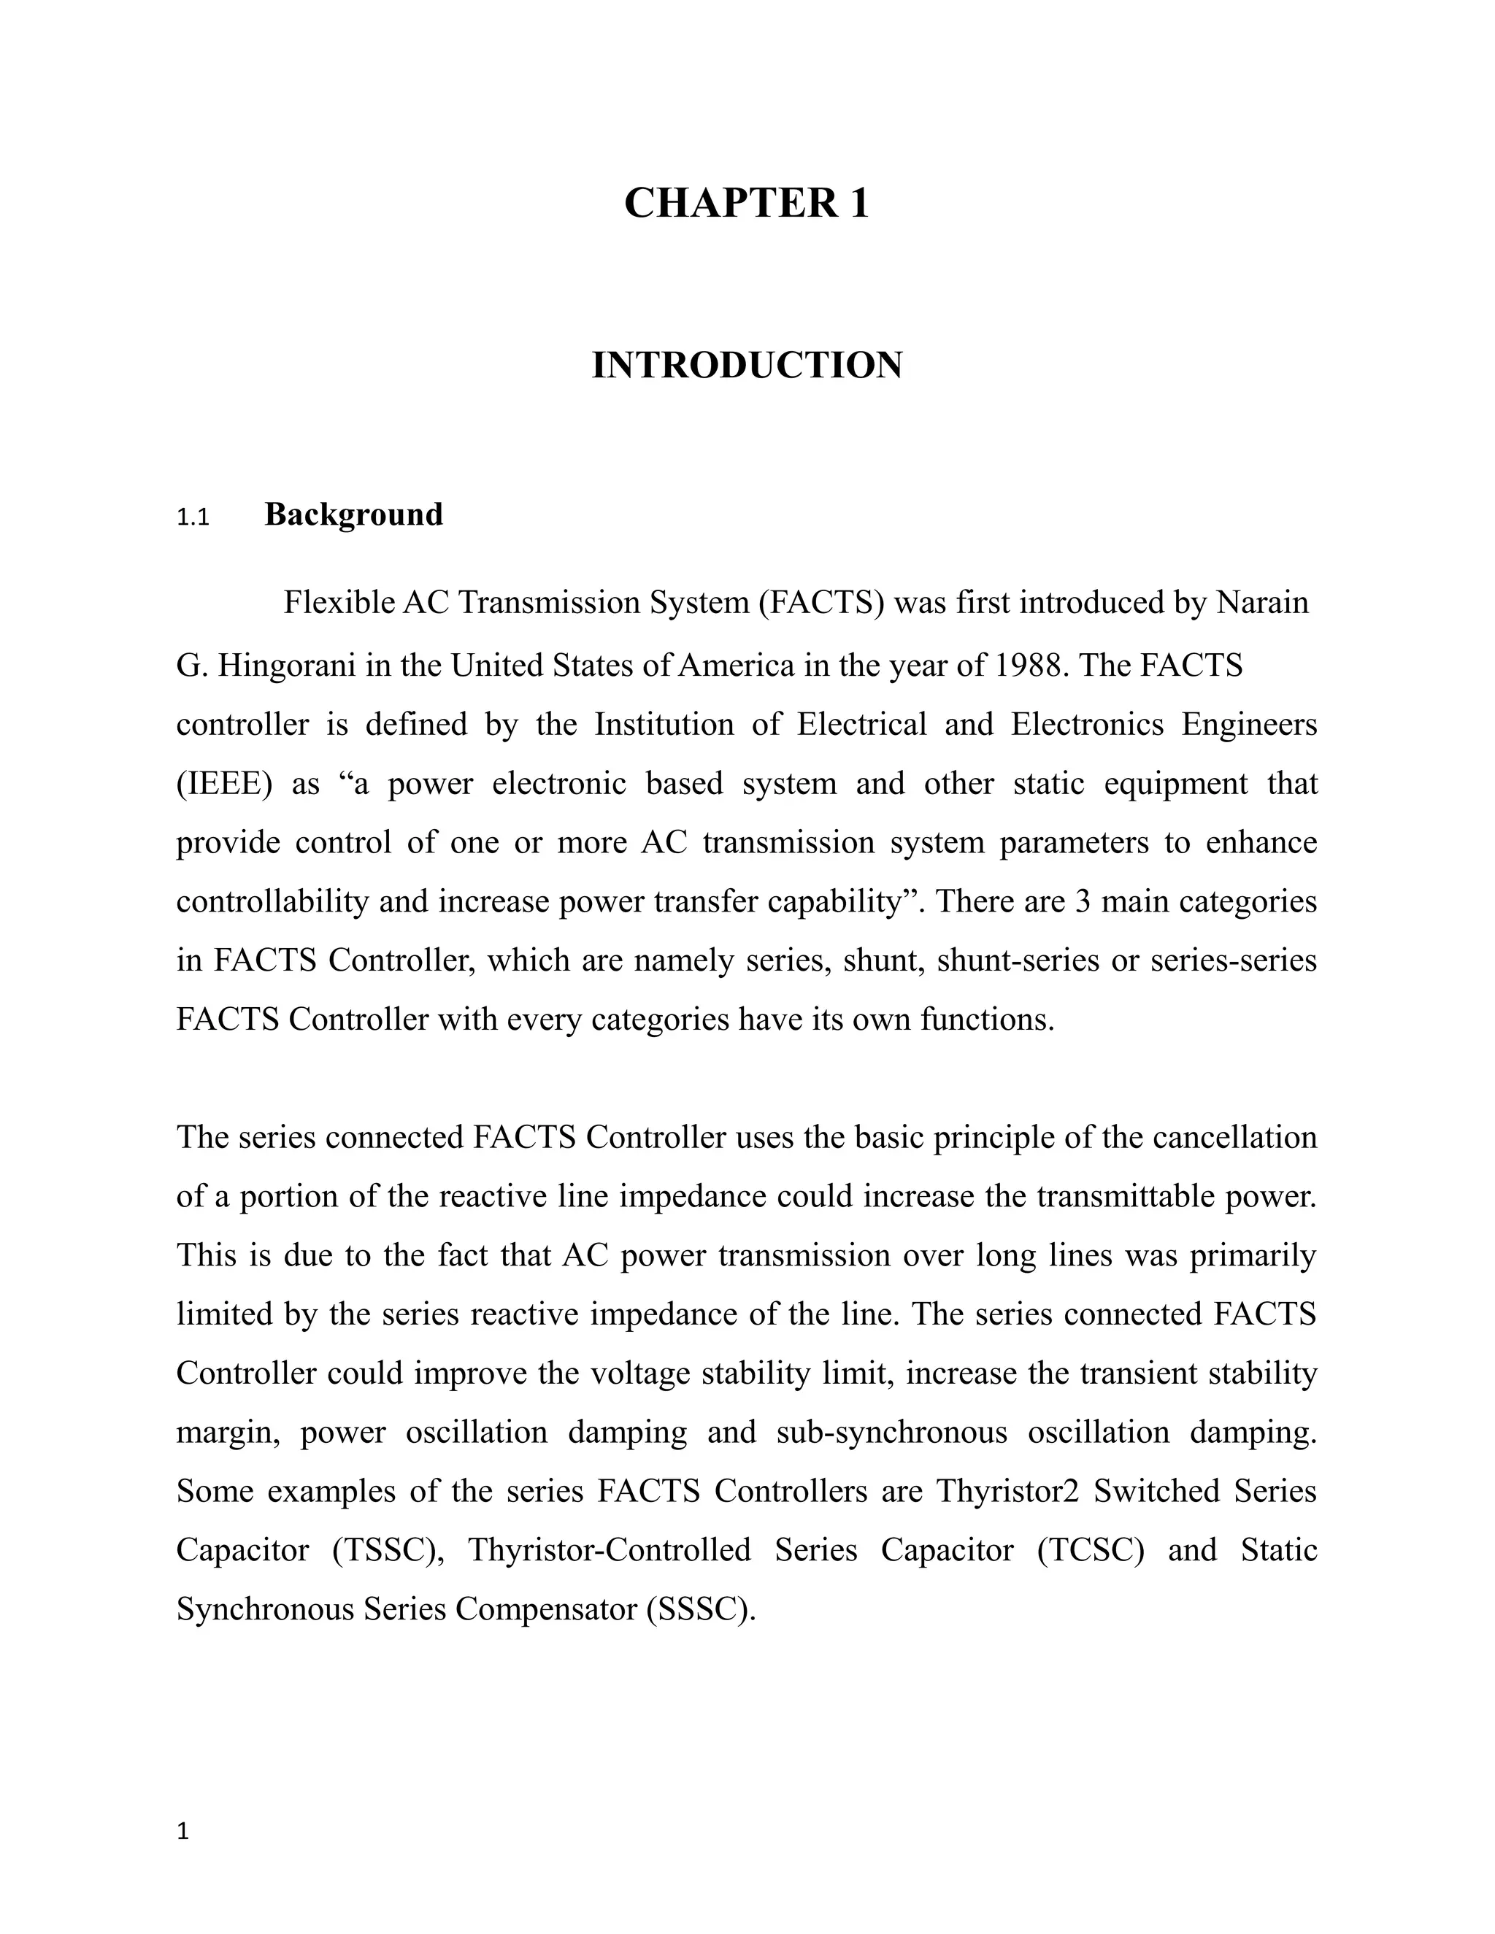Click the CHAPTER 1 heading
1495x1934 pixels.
point(747,203)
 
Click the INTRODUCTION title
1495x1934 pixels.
point(747,365)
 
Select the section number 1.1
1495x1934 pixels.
point(192,517)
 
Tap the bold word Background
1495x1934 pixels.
point(353,515)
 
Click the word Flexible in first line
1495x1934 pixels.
point(337,603)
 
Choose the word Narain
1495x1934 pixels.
point(1262,603)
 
